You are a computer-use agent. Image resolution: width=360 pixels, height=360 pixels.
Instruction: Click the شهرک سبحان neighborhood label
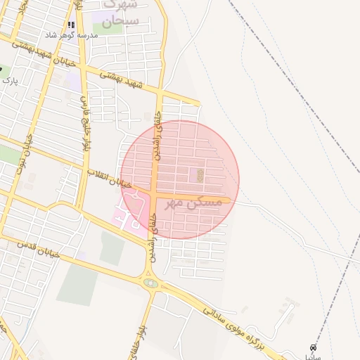click(x=116, y=15)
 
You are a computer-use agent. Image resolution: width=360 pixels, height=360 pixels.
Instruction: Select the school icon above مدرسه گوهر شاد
click(x=71, y=25)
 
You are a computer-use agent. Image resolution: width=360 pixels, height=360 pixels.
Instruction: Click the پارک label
click(x=9, y=81)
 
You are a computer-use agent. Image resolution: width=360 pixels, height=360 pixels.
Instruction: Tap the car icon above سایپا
click(x=313, y=347)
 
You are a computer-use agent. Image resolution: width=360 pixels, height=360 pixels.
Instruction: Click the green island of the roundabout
click(x=150, y=283)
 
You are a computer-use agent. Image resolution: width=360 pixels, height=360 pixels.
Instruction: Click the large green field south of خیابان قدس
click(x=77, y=285)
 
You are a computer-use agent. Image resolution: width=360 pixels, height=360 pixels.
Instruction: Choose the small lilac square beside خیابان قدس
click(x=83, y=255)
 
